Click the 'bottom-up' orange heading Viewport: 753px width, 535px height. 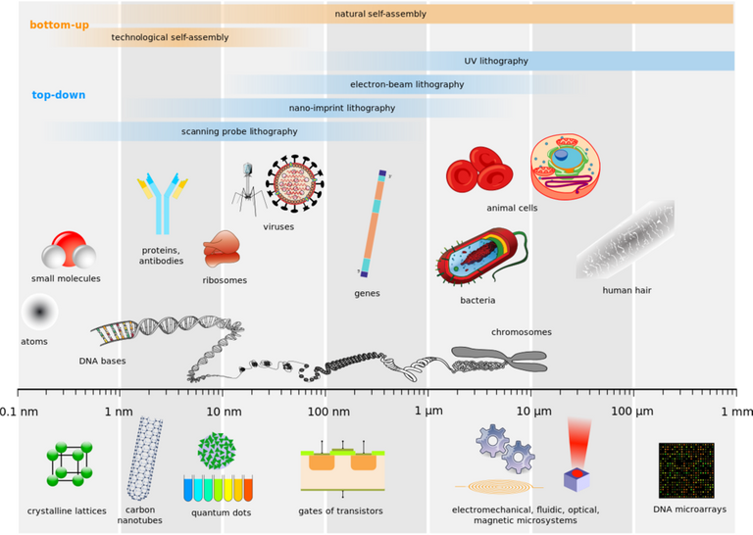pyautogui.click(x=59, y=24)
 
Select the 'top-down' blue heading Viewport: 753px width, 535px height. pyautogui.click(x=58, y=95)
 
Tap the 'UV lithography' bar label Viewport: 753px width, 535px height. pyautogui.click(x=496, y=61)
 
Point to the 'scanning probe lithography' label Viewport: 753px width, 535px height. pyautogui.click(x=239, y=131)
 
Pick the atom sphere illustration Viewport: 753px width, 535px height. pyautogui.click(x=39, y=313)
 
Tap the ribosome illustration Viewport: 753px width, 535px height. pyautogui.click(x=221, y=250)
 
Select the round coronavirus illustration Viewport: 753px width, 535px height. pyautogui.click(x=294, y=182)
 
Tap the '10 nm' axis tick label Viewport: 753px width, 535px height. pyautogui.click(x=224, y=412)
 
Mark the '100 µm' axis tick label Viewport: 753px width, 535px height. pyautogui.click(x=631, y=412)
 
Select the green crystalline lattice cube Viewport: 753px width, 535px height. pyautogui.click(x=70, y=465)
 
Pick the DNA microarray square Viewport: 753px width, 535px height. pyautogui.click(x=686, y=470)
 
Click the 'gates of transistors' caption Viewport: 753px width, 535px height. pyautogui.click(x=340, y=511)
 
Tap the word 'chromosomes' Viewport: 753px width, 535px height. pyautogui.click(x=521, y=332)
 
